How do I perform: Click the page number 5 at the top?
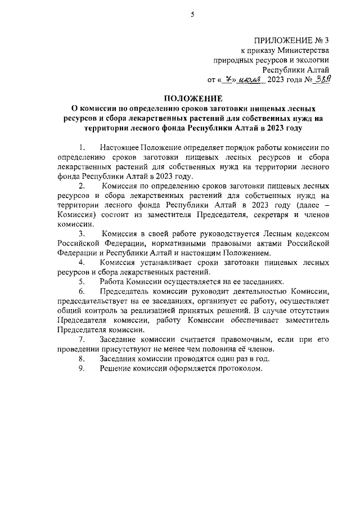(x=191, y=15)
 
